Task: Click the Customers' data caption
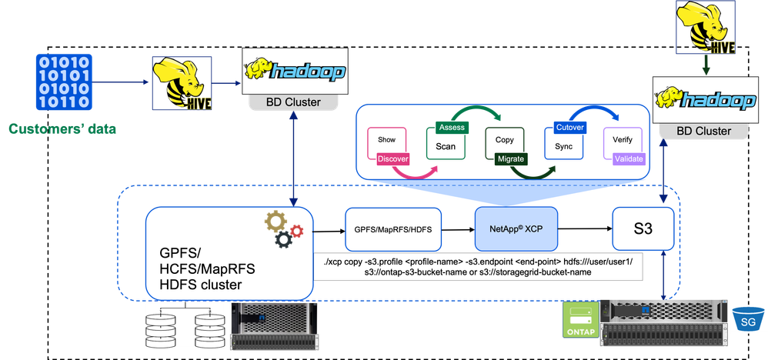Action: (x=63, y=129)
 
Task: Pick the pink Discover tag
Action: (x=393, y=159)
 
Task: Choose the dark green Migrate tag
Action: (x=510, y=158)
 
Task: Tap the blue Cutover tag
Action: (x=570, y=127)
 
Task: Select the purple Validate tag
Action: (x=629, y=158)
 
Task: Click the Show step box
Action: (x=386, y=140)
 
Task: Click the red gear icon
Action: (x=298, y=229)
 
